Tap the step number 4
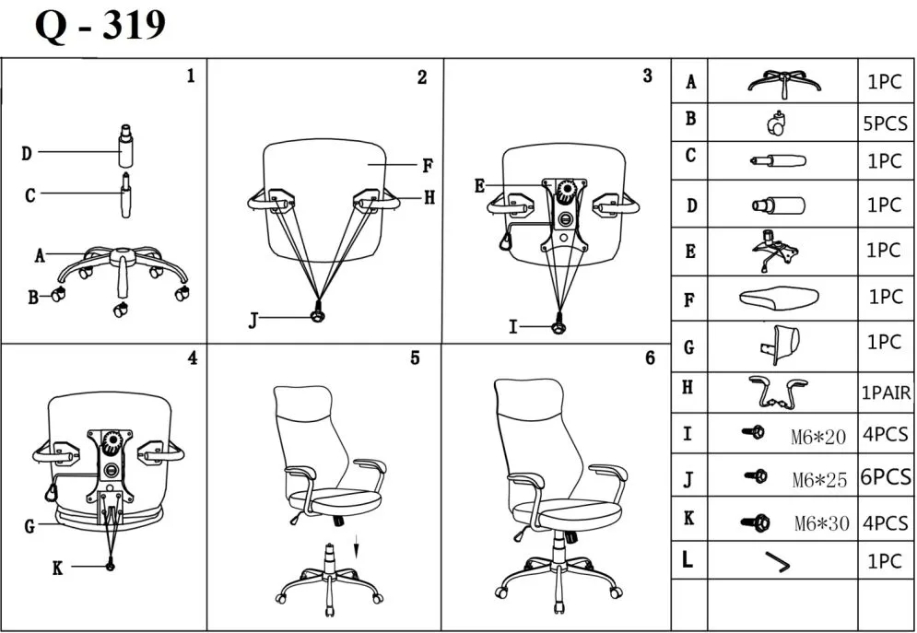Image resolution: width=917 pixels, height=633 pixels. tap(192, 358)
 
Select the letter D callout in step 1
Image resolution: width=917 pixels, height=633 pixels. tap(28, 153)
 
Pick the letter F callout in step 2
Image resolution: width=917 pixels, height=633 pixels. tap(428, 167)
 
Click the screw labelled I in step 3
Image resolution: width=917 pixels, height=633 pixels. tap(558, 324)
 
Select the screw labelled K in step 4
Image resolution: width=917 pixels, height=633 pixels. tap(112, 565)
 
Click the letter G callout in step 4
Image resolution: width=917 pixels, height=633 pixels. tap(30, 527)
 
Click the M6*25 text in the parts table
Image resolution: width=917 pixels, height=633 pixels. tap(817, 479)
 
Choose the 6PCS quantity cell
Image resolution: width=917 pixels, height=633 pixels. tap(885, 477)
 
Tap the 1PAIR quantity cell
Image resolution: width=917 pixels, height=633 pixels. tap(886, 393)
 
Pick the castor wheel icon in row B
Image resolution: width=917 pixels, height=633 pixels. tap(776, 122)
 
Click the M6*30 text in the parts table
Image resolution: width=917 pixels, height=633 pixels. tap(820, 523)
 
